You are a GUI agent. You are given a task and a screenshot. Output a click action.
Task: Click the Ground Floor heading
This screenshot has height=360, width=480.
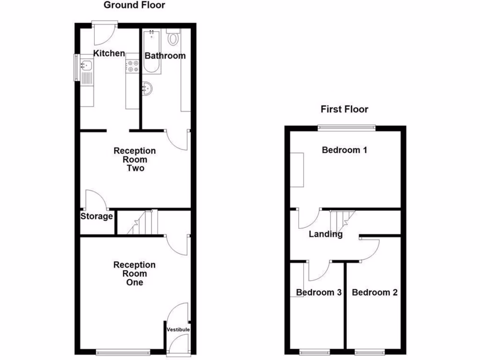coord(134,6)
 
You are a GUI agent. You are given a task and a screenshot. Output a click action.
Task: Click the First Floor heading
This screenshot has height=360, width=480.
coord(344,109)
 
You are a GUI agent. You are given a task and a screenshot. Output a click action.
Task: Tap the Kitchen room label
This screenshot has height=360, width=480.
coord(109,53)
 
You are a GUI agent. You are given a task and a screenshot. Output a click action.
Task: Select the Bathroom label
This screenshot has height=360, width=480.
coord(165,56)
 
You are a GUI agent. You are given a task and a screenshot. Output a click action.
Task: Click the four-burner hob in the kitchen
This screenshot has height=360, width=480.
coord(132,66)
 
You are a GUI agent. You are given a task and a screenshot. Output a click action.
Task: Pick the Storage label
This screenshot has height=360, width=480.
coord(97,217)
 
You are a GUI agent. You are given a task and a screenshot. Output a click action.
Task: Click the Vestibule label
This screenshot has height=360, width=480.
coord(178,330)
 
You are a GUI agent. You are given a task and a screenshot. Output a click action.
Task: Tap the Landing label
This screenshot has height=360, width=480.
coord(325,234)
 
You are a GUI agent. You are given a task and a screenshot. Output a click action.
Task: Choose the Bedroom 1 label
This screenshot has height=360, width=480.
coord(344,150)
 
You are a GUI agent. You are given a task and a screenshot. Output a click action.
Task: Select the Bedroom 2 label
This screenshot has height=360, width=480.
coord(375,292)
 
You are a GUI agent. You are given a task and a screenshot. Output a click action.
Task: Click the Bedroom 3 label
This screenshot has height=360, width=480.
coord(318,292)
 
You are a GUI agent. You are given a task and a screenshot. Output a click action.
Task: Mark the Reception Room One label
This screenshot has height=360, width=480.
coord(135,274)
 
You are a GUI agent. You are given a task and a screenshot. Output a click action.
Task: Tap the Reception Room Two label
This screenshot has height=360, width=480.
coord(135,159)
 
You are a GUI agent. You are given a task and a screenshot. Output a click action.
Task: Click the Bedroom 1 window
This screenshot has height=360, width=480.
coord(347,127)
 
